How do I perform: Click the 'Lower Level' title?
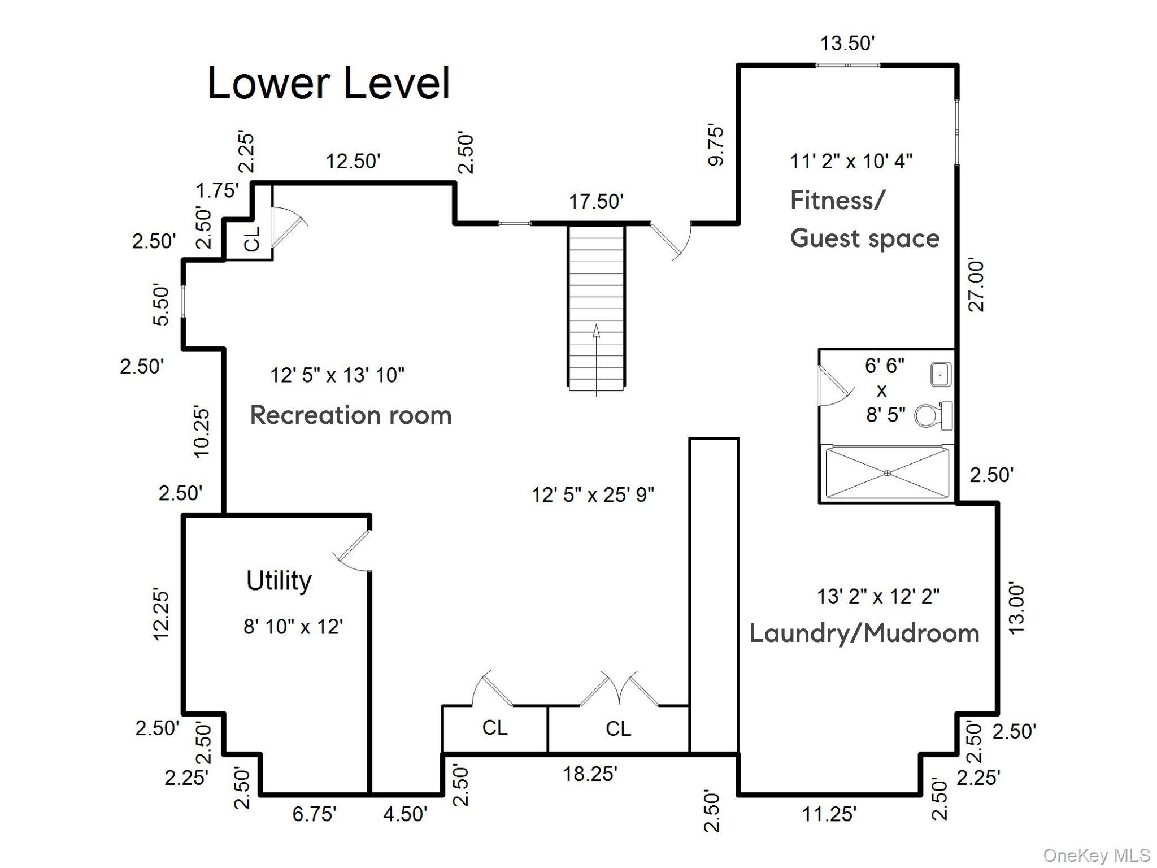pyautogui.click(x=328, y=84)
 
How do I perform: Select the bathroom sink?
pyautogui.click(x=941, y=375)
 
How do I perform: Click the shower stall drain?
pyautogui.click(x=887, y=473)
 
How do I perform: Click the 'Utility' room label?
pyautogui.click(x=279, y=580)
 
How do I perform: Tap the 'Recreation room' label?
pyautogui.click(x=350, y=415)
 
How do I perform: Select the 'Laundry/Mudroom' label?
pyautogui.click(x=864, y=633)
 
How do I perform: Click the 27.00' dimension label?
pyautogui.click(x=976, y=286)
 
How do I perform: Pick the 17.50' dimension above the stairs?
pyautogui.click(x=596, y=201)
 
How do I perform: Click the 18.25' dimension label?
pyautogui.click(x=590, y=774)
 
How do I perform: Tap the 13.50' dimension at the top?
pyautogui.click(x=847, y=44)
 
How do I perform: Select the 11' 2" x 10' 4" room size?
pyautogui.click(x=851, y=162)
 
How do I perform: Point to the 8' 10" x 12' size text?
pyautogui.click(x=293, y=627)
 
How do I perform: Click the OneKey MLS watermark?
pyautogui.click(x=1096, y=856)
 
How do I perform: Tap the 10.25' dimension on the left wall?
pyautogui.click(x=202, y=431)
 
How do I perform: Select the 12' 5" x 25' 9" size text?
pyautogui.click(x=593, y=495)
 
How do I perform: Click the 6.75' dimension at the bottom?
pyautogui.click(x=314, y=814)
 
